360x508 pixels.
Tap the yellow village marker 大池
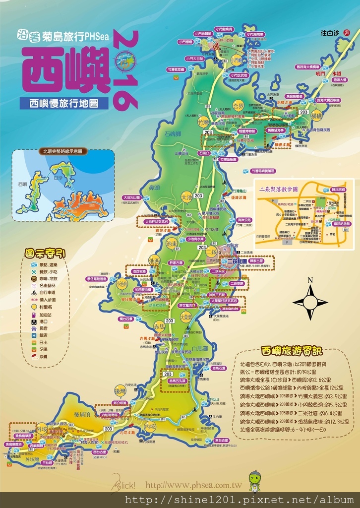coord(186,197)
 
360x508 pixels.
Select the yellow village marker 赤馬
coord(159,326)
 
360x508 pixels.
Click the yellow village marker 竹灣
coord(204,122)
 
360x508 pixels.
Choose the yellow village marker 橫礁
coord(316,116)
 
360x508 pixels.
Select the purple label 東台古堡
coord(222,440)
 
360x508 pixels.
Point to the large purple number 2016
coord(126,69)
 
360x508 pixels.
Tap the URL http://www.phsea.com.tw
coord(193,486)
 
